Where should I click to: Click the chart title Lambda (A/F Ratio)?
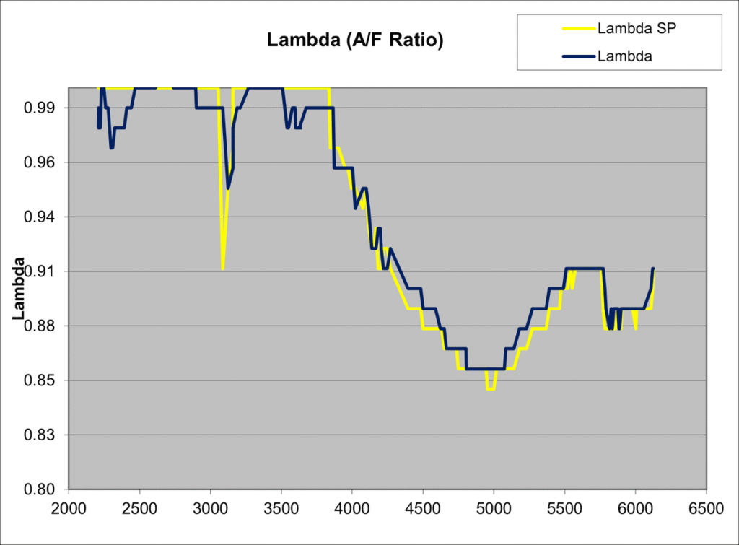pyautogui.click(x=355, y=41)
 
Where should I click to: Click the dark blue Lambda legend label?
pyautogui.click(x=625, y=56)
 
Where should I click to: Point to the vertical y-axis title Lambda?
pyautogui.click(x=19, y=289)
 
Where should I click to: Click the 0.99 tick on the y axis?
pyautogui.click(x=44, y=108)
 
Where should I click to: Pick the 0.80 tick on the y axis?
pyautogui.click(x=44, y=489)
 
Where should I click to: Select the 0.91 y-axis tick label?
pyautogui.click(x=44, y=271)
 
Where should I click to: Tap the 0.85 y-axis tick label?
pyautogui.click(x=44, y=380)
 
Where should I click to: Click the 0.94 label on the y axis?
pyautogui.click(x=44, y=217)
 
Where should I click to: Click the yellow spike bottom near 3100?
pyautogui.click(x=222, y=269)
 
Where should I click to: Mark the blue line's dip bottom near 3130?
pyautogui.click(x=228, y=188)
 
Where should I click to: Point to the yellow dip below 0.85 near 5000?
pyautogui.click(x=490, y=389)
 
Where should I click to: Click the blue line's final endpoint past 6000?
pyautogui.click(x=652, y=269)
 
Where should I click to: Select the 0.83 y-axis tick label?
pyautogui.click(x=44, y=435)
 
